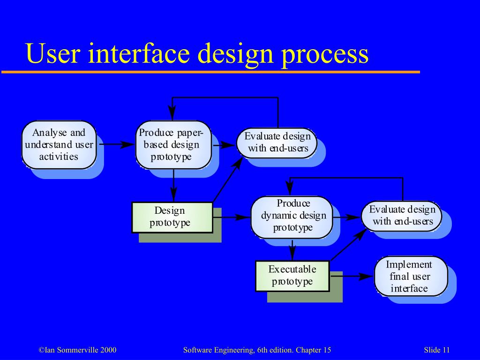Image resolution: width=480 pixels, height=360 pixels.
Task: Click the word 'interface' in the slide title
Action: pyautogui.click(x=140, y=53)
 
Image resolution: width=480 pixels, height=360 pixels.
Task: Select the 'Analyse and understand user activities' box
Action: pyautogui.click(x=59, y=144)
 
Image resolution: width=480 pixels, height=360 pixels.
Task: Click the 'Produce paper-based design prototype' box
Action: pyautogui.click(x=173, y=144)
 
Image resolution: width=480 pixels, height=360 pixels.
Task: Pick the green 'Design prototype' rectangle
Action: pyautogui.click(x=172, y=217)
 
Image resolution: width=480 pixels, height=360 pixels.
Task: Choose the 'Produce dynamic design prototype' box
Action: pyautogui.click(x=292, y=216)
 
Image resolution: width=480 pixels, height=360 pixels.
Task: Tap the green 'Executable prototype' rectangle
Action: pyautogui.click(x=292, y=276)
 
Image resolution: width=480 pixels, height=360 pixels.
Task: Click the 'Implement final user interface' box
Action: pyautogui.click(x=411, y=276)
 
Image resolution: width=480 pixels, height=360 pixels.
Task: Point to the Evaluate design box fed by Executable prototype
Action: pyautogui.click(x=402, y=216)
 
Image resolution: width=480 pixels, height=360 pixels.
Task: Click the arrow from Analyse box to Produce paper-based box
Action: pyautogui.click(x=116, y=145)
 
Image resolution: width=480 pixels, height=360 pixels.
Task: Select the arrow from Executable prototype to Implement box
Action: pyautogui.click(x=352, y=276)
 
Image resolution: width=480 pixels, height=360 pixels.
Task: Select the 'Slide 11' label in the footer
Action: pyautogui.click(x=436, y=350)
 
